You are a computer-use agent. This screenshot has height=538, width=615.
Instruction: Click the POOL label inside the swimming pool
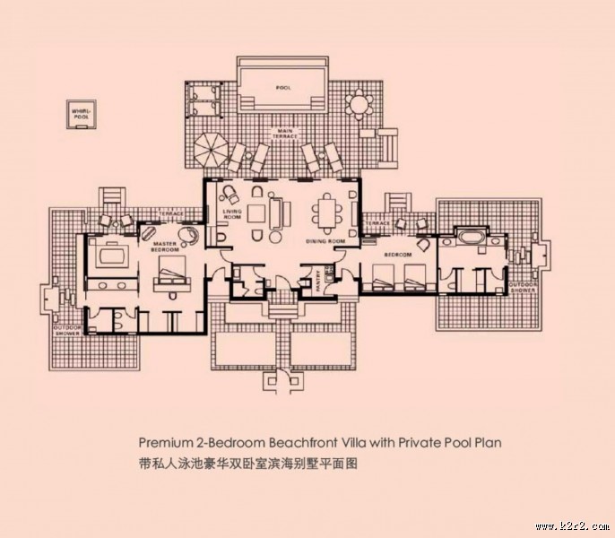pyautogui.click(x=284, y=88)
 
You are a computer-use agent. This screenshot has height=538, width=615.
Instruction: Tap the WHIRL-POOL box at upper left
pyautogui.click(x=82, y=114)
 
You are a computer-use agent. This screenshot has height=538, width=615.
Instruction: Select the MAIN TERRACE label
pyautogui.click(x=286, y=134)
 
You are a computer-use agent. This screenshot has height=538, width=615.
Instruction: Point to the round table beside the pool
pyautogui.click(x=358, y=106)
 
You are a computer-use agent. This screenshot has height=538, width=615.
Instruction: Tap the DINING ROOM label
pyautogui.click(x=325, y=241)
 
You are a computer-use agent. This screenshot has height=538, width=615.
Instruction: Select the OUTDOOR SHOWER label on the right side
pyautogui.click(x=523, y=289)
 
